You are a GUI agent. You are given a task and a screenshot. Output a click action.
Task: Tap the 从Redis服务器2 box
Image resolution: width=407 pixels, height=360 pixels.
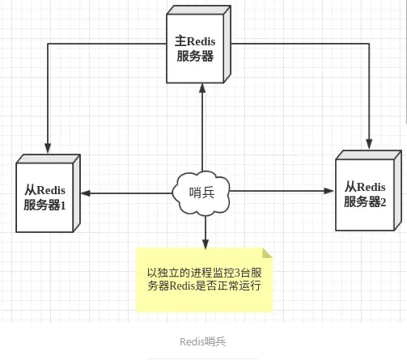[x=366, y=193]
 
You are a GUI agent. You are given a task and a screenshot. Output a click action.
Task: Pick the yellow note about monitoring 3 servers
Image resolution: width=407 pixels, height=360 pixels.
[x=205, y=278]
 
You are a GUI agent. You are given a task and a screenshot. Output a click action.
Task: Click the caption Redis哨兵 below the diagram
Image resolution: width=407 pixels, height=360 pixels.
[x=203, y=341]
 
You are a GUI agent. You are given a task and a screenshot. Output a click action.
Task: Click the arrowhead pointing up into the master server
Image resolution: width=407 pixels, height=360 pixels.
[x=202, y=89]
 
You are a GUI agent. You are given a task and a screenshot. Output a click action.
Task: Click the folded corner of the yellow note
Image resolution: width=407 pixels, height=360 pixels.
[x=268, y=253]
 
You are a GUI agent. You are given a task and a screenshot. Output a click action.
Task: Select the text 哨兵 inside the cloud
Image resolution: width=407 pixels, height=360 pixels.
[x=201, y=193]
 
